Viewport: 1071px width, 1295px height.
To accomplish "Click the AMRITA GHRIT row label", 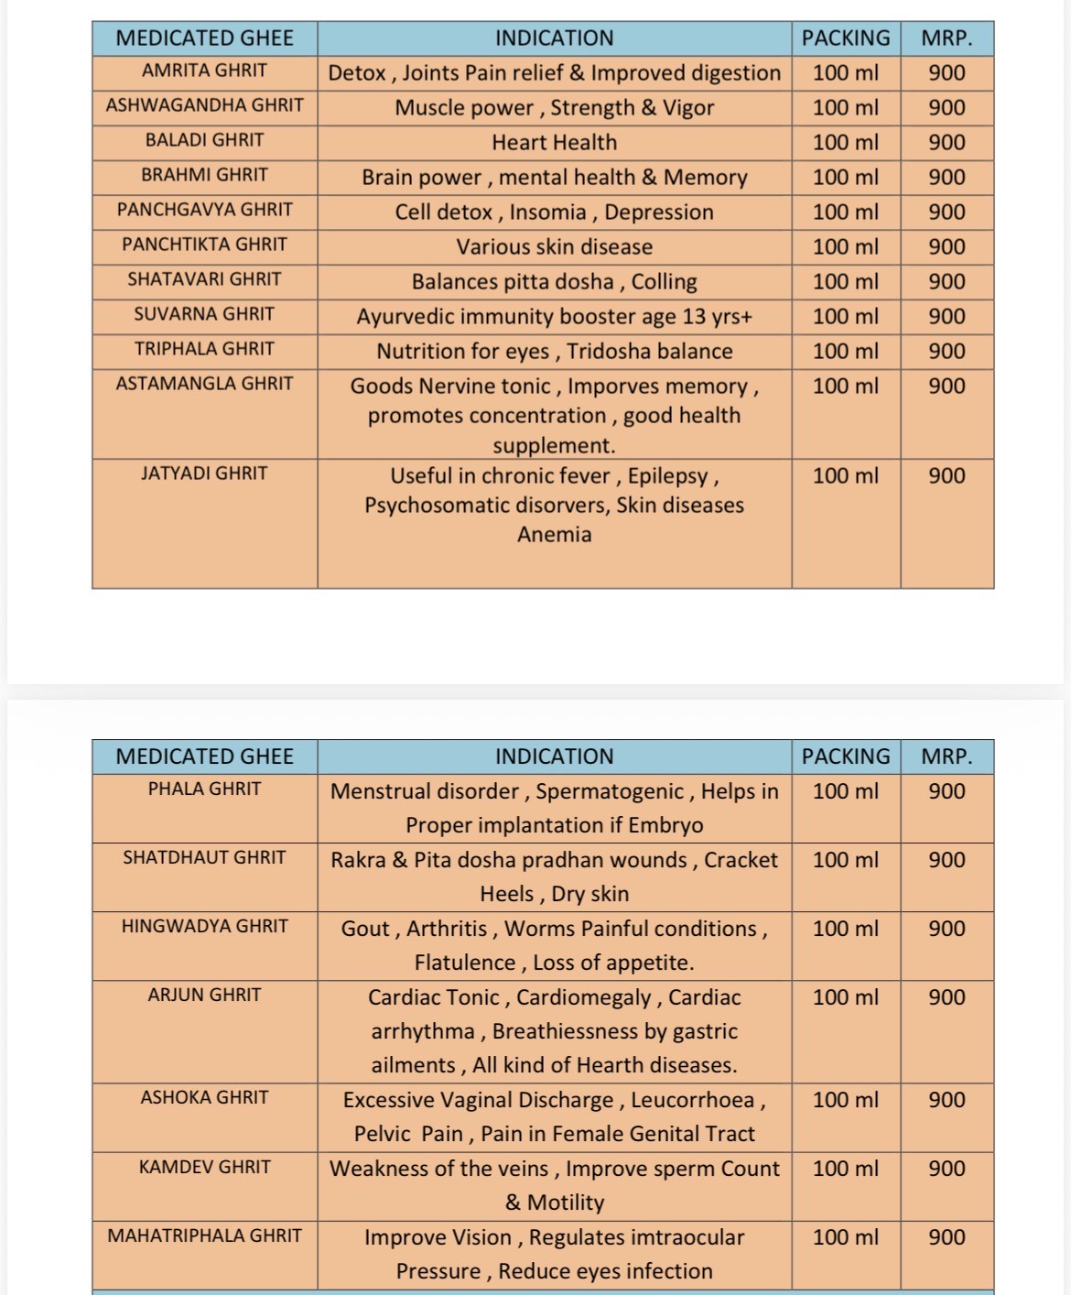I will tap(204, 71).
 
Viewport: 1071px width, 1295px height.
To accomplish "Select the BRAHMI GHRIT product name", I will tap(204, 175).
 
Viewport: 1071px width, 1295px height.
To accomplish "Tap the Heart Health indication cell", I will tap(554, 143).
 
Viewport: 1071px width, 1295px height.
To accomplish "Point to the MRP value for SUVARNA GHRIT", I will tap(947, 317).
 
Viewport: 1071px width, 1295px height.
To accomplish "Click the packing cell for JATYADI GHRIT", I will tap(845, 476).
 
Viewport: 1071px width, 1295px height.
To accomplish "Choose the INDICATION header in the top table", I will tap(554, 38).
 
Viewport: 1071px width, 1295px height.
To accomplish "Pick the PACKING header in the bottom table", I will tap(845, 756).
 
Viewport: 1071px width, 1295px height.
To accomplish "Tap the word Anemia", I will tap(554, 535).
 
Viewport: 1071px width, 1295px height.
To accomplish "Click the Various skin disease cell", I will tap(554, 247).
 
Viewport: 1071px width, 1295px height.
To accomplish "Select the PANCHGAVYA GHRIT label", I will tap(204, 210).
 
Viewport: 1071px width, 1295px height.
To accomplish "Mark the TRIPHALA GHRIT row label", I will tap(204, 349).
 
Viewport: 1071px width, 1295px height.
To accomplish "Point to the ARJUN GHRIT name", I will tap(204, 995).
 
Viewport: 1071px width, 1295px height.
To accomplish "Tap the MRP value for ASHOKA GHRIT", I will tap(947, 1100).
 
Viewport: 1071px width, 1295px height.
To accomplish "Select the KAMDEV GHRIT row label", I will tap(204, 1167).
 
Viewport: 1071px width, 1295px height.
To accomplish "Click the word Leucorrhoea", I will tap(692, 1100).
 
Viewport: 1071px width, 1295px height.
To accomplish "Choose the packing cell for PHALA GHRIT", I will tap(845, 791).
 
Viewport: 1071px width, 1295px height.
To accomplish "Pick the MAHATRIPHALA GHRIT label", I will tap(204, 1235).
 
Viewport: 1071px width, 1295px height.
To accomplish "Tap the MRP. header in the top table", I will tap(947, 38).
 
